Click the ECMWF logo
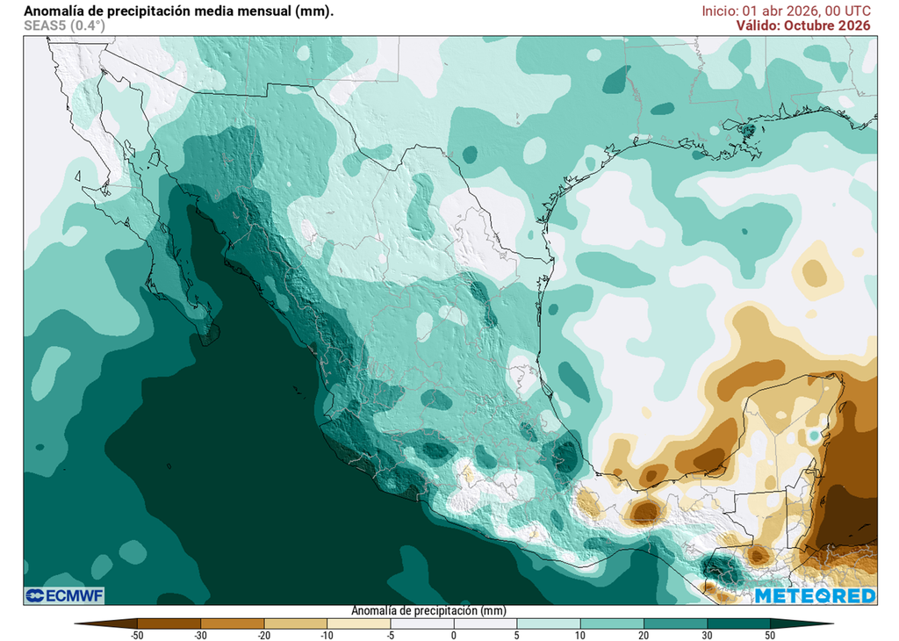click(x=64, y=596)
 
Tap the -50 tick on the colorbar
click(x=137, y=634)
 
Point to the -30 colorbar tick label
click(x=200, y=634)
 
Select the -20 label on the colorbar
click(x=263, y=634)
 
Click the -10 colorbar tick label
click(x=327, y=634)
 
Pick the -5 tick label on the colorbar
click(x=391, y=634)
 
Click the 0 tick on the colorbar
click(x=454, y=634)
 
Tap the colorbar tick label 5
click(x=517, y=634)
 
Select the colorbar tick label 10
click(x=580, y=634)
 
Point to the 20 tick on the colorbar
click(x=644, y=634)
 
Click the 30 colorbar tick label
click(x=707, y=634)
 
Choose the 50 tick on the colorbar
click(x=770, y=634)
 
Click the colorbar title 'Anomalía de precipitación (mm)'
click(x=428, y=610)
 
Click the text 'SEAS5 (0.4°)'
click(x=64, y=25)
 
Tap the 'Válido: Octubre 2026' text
click(x=803, y=25)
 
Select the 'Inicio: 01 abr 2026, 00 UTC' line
click(x=786, y=11)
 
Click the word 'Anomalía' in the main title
click(x=54, y=11)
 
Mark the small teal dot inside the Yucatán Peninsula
click(x=814, y=436)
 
